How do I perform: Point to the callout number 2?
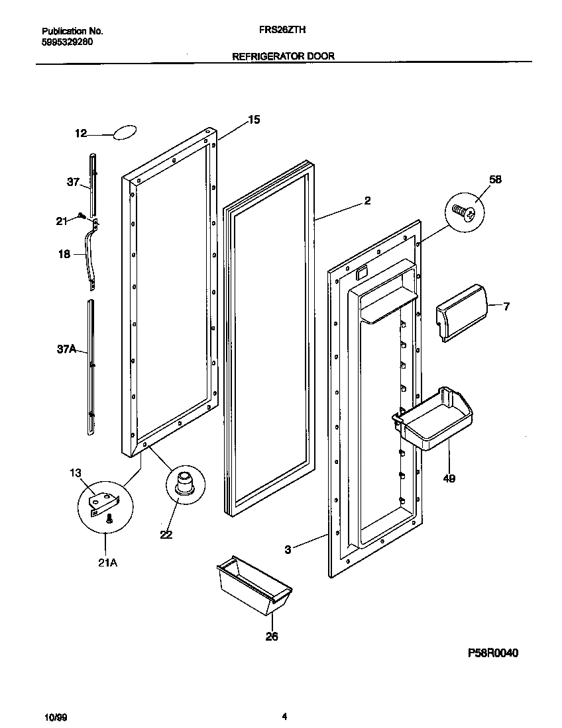click(367, 201)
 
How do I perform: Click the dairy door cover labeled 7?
click(460, 312)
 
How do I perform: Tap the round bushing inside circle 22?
click(184, 482)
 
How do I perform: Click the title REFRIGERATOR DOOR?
click(283, 56)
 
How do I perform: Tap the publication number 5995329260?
click(67, 41)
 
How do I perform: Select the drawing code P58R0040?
click(492, 653)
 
